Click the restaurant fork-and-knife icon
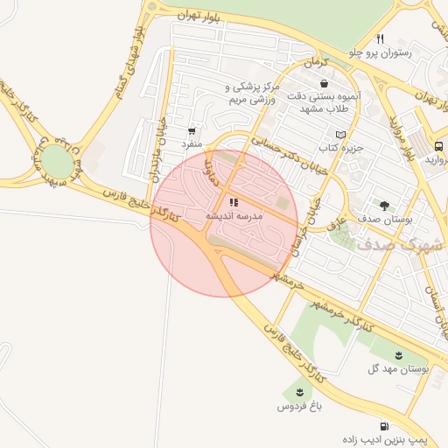(x=380, y=38)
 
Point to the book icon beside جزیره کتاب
(x=341, y=135)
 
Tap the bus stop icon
(x=439, y=146)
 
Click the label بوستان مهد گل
(x=398, y=369)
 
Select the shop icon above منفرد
(x=192, y=128)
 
